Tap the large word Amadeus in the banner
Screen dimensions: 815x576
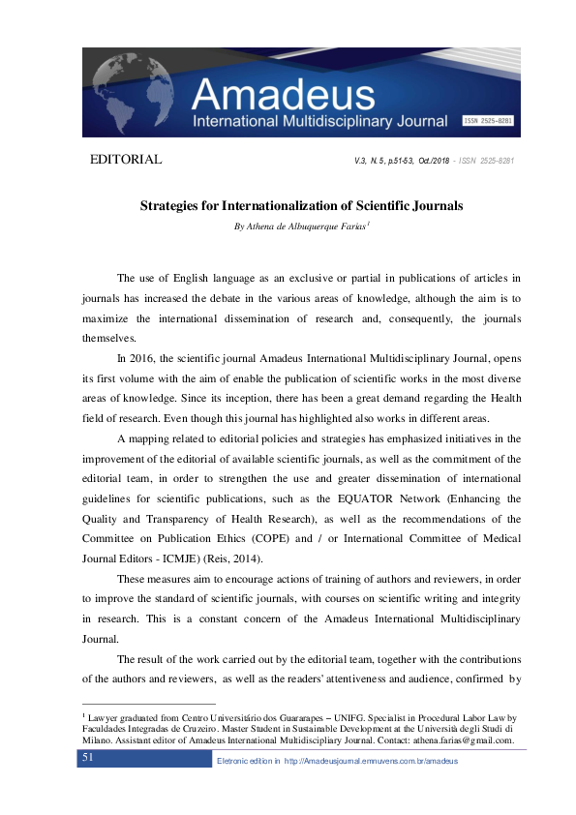(x=283, y=94)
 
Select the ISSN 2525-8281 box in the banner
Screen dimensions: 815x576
(x=488, y=121)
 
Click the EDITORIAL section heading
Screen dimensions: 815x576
(x=125, y=159)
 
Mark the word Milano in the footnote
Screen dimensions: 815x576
(x=100, y=740)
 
